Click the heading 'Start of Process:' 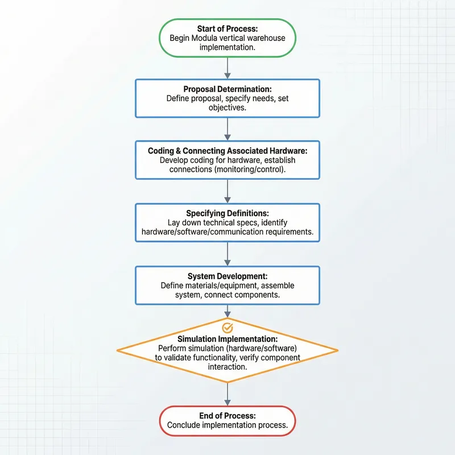pyautogui.click(x=227, y=28)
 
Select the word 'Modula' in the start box pyautogui.click(x=210, y=38)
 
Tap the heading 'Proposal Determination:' pyautogui.click(x=227, y=89)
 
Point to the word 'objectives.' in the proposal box pyautogui.click(x=227, y=107)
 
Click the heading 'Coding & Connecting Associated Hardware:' pyautogui.click(x=227, y=151)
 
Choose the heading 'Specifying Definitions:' pyautogui.click(x=227, y=213)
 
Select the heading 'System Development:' pyautogui.click(x=227, y=276)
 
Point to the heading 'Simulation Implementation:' pyautogui.click(x=227, y=339)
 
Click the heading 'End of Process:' pyautogui.click(x=227, y=416)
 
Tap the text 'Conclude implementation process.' pyautogui.click(x=227, y=425)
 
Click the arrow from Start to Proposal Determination pyautogui.click(x=227, y=68)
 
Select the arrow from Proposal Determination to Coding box pyautogui.click(x=227, y=129)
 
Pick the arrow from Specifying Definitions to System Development pyautogui.click(x=227, y=253)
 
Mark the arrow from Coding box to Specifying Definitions pyautogui.click(x=227, y=191)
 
